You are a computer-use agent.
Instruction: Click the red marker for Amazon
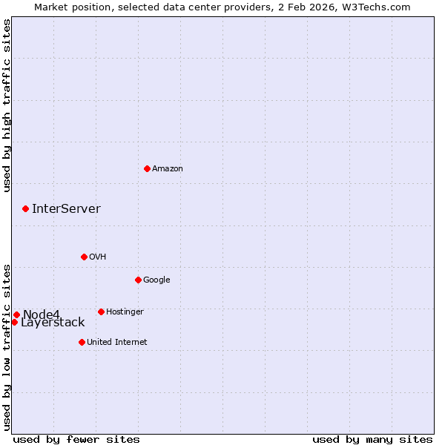click(147, 168)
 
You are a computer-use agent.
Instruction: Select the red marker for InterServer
click(25, 208)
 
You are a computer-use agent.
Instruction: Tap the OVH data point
click(84, 257)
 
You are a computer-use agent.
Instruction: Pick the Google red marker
click(138, 280)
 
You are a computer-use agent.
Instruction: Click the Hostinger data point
click(101, 311)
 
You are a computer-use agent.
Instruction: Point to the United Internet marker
click(82, 342)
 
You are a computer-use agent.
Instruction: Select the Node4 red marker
click(16, 314)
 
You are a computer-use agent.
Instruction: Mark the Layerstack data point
click(14, 322)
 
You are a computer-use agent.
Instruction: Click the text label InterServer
click(66, 208)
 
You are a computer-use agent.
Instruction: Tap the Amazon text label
click(168, 168)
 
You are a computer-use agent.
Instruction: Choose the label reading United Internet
click(116, 342)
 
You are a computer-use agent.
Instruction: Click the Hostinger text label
click(125, 311)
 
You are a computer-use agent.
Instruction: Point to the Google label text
click(156, 280)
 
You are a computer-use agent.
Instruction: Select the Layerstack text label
click(53, 323)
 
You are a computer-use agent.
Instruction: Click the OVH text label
click(97, 257)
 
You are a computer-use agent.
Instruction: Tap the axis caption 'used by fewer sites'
click(76, 439)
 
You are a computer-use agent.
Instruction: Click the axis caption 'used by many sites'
click(372, 439)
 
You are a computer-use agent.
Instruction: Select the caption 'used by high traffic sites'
click(7, 105)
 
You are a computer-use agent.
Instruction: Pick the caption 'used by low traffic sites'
click(7, 346)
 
